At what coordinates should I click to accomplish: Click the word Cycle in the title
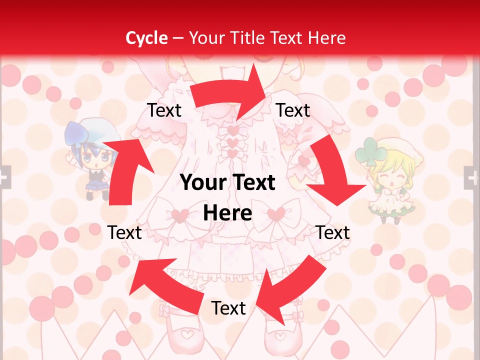[146, 38]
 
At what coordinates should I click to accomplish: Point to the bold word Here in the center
[227, 213]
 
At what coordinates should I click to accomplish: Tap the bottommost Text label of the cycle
[228, 308]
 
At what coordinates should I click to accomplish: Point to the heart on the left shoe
[185, 332]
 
